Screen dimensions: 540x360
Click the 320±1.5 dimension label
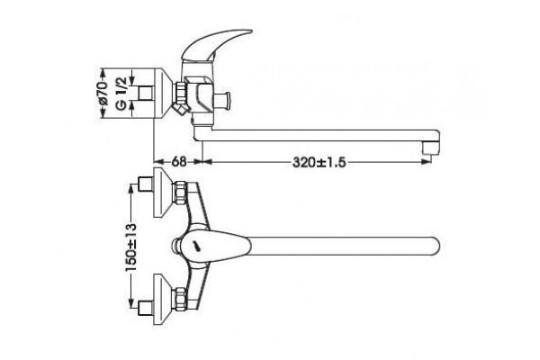[319, 162]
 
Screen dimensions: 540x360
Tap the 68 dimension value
[179, 162]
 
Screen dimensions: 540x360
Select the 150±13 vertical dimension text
[130, 247]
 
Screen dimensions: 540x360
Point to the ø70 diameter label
[103, 94]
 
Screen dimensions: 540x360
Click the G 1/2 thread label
[121, 94]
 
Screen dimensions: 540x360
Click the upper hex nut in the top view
[181, 193]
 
